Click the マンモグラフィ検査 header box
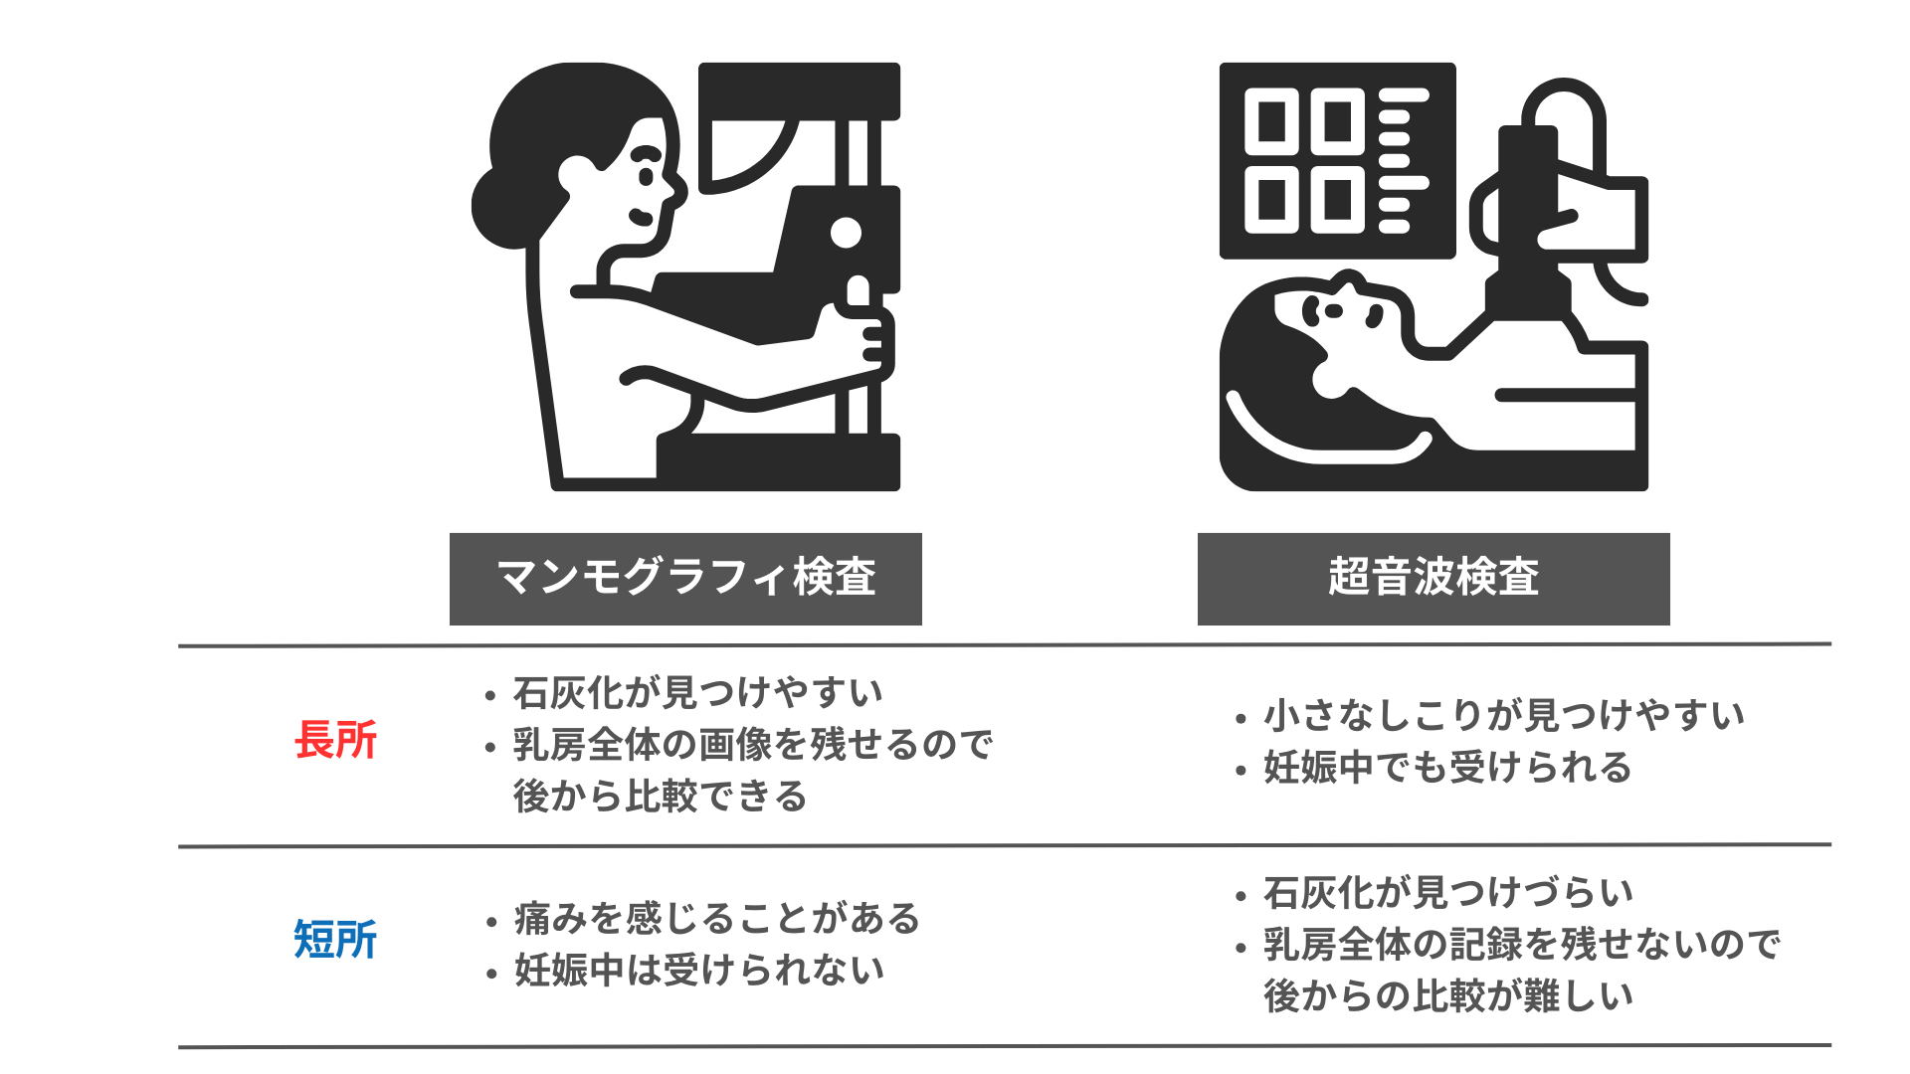pyautogui.click(x=685, y=579)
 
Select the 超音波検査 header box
pyautogui.click(x=1433, y=579)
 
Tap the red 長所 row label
pyautogui.click(x=336, y=740)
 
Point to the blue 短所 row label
pyautogui.click(x=336, y=939)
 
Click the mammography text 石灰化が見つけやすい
pyautogui.click(x=697, y=692)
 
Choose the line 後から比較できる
pyautogui.click(x=660, y=796)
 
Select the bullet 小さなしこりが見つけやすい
pyautogui.click(x=1503, y=714)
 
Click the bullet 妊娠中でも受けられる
pyautogui.click(x=1447, y=767)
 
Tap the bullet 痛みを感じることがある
pyautogui.click(x=716, y=917)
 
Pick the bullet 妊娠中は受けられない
pyautogui.click(x=698, y=970)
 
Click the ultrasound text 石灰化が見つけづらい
pyautogui.click(x=1447, y=892)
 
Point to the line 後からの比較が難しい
pyautogui.click(x=1447, y=995)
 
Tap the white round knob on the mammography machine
pyautogui.click(x=846, y=233)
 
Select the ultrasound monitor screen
pyautogui.click(x=1338, y=160)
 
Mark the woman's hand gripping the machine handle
pyautogui.click(x=861, y=338)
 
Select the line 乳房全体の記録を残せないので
pyautogui.click(x=1521, y=944)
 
